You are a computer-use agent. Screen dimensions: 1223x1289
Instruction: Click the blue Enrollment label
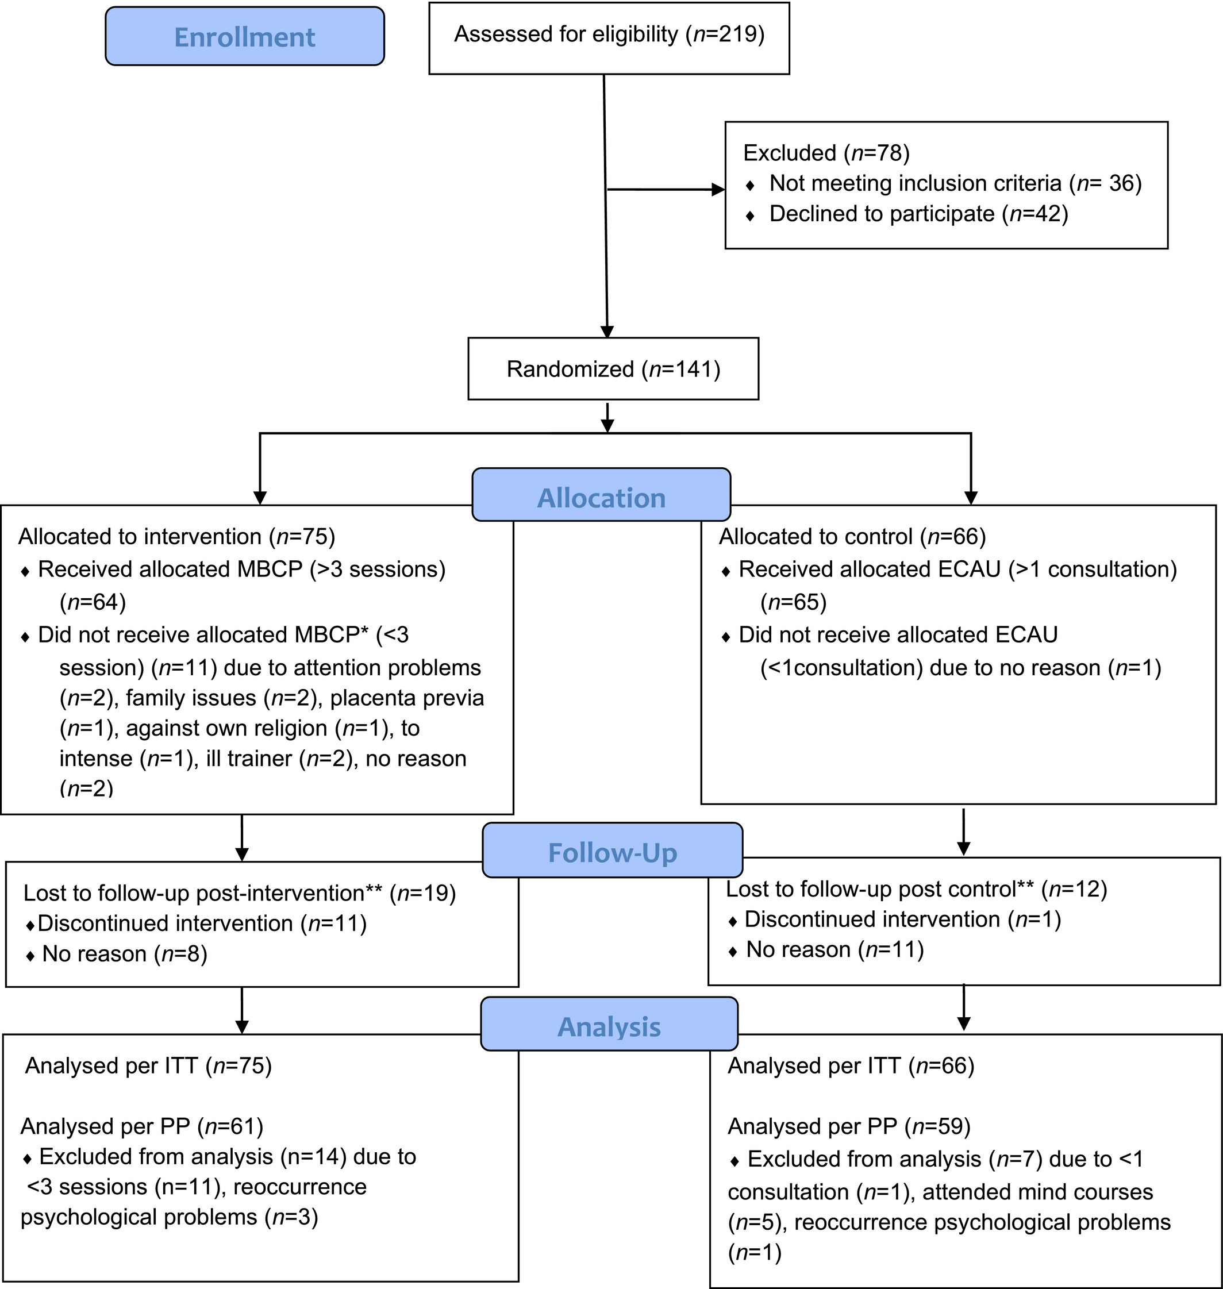(244, 37)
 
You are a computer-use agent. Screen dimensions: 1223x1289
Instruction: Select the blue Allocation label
(601, 495)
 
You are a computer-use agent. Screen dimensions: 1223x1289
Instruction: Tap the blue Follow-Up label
(612, 850)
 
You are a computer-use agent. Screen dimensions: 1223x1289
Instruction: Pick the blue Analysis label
(609, 1024)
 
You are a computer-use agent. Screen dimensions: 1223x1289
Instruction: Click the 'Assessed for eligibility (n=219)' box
(609, 38)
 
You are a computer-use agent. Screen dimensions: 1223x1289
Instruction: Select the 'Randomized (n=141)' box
(613, 368)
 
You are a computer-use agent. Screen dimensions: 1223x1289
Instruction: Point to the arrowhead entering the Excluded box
(718, 190)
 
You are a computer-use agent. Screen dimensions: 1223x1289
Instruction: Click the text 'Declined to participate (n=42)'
(918, 214)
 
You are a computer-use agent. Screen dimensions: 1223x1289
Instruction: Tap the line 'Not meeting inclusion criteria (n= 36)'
(956, 183)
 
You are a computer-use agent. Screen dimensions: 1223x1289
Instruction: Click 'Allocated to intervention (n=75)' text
(176, 537)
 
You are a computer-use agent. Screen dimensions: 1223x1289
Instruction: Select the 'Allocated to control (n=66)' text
(852, 537)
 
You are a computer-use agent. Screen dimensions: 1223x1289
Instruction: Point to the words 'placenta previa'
(407, 698)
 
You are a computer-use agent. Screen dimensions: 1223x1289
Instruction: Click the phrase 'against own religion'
(227, 728)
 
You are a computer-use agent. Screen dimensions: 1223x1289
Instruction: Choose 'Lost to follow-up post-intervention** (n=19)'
(240, 893)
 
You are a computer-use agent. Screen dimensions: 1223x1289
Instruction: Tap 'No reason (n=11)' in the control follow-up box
(835, 949)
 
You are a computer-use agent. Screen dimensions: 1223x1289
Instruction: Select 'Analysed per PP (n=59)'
(849, 1126)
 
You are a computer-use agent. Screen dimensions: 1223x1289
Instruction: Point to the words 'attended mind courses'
(1038, 1192)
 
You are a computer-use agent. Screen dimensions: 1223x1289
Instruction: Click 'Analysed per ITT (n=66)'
(851, 1065)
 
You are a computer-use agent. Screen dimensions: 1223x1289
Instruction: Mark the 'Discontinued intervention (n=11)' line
(203, 924)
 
